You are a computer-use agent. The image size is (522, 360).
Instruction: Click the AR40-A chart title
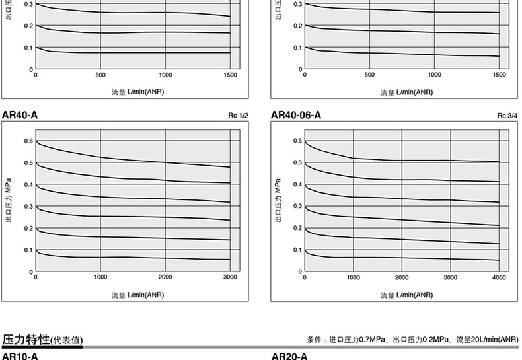coord(20,116)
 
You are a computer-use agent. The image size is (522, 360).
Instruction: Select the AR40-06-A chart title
coord(296,116)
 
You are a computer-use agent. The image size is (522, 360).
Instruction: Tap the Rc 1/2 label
coord(239,116)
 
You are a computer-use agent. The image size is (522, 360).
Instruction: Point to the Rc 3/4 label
coord(507,116)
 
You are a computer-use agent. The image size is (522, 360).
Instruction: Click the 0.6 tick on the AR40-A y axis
coord(28,141)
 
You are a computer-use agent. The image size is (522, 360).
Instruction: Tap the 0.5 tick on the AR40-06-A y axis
coord(297,162)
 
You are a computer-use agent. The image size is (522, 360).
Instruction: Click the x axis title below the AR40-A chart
coord(137,295)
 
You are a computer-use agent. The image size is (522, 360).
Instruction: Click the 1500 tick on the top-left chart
coord(230,75)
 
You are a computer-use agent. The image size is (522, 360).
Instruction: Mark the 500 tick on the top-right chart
coord(369,75)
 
